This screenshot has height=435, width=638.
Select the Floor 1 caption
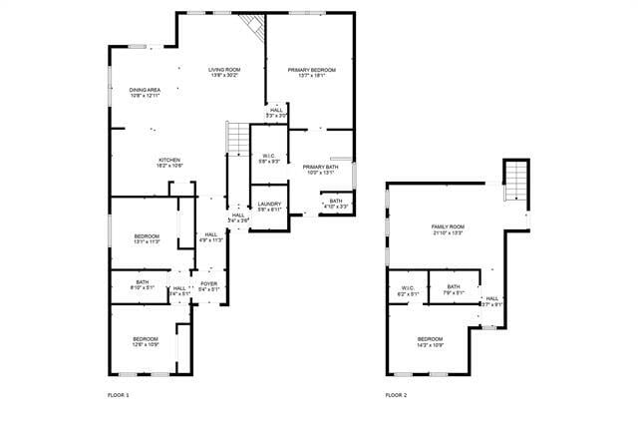click(119, 395)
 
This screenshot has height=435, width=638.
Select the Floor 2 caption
click(396, 395)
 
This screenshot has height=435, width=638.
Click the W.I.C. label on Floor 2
click(406, 290)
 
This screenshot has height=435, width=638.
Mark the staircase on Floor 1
click(238, 139)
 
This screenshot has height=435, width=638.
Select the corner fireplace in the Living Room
click(255, 27)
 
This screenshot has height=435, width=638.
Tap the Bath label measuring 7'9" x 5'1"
click(454, 290)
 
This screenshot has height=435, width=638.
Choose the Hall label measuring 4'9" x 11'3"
click(210, 237)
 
